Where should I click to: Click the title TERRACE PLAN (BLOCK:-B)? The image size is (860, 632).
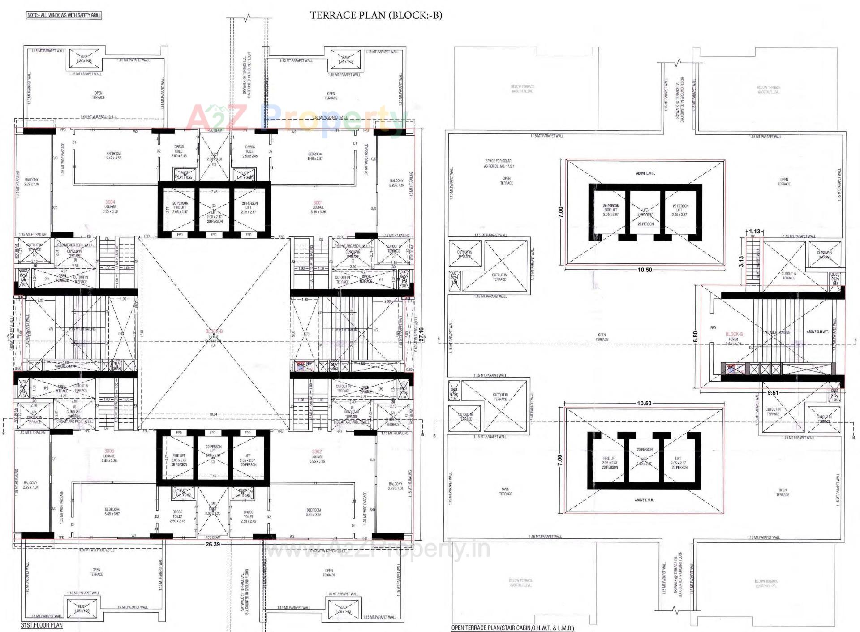coord(376,15)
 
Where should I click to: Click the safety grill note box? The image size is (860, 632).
coord(64,15)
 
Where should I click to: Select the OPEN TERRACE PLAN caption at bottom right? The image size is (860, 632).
coord(512,628)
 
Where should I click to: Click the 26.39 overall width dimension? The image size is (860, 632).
coord(213,545)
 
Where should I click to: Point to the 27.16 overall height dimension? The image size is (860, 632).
coord(421,335)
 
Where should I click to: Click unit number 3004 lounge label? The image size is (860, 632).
coord(110,202)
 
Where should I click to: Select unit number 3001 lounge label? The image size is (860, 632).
coord(318,202)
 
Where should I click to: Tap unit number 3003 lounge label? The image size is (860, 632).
coord(109,451)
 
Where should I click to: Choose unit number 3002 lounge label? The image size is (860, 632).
coord(317,451)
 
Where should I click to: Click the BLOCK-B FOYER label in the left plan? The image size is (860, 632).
coord(214,331)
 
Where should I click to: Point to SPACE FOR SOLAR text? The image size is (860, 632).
coord(498,161)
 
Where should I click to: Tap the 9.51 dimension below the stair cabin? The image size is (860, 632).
coord(773,393)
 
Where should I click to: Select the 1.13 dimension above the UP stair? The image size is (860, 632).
coord(754,232)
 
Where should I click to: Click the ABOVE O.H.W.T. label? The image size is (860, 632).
coord(818,332)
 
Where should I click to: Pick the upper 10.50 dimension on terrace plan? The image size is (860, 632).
coord(645,270)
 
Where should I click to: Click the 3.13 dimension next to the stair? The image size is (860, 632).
coord(741,262)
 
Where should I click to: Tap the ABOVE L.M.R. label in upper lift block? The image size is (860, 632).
coord(645,173)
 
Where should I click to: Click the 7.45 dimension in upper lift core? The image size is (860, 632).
coord(215,192)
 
